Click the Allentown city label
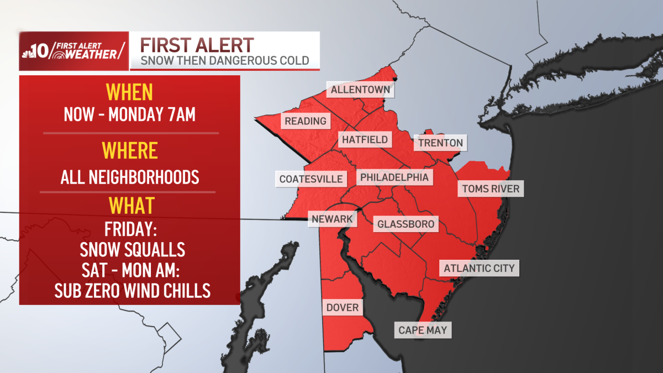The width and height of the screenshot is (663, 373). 361,90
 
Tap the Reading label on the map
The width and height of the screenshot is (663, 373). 306,120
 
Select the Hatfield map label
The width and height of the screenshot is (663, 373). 365,139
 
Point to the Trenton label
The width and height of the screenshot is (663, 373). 440,143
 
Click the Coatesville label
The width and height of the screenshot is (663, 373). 311,178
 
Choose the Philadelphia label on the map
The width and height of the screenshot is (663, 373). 394,177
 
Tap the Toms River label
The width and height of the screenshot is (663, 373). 491,189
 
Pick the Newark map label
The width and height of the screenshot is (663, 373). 332,219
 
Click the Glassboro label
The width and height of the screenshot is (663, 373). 406,224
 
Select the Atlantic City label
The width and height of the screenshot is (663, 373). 479,269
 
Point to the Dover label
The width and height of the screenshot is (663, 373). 343,307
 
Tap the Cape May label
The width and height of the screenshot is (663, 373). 423,330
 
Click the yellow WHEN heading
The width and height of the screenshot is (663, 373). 129,92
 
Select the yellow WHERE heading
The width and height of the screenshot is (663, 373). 129,150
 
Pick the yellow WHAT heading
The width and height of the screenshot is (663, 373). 131,206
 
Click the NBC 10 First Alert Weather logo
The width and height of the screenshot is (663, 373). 74,51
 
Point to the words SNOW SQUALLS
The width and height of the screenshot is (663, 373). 132,249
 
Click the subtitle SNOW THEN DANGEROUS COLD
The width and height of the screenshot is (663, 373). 224,60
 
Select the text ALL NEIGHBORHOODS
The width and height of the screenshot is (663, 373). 130,177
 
